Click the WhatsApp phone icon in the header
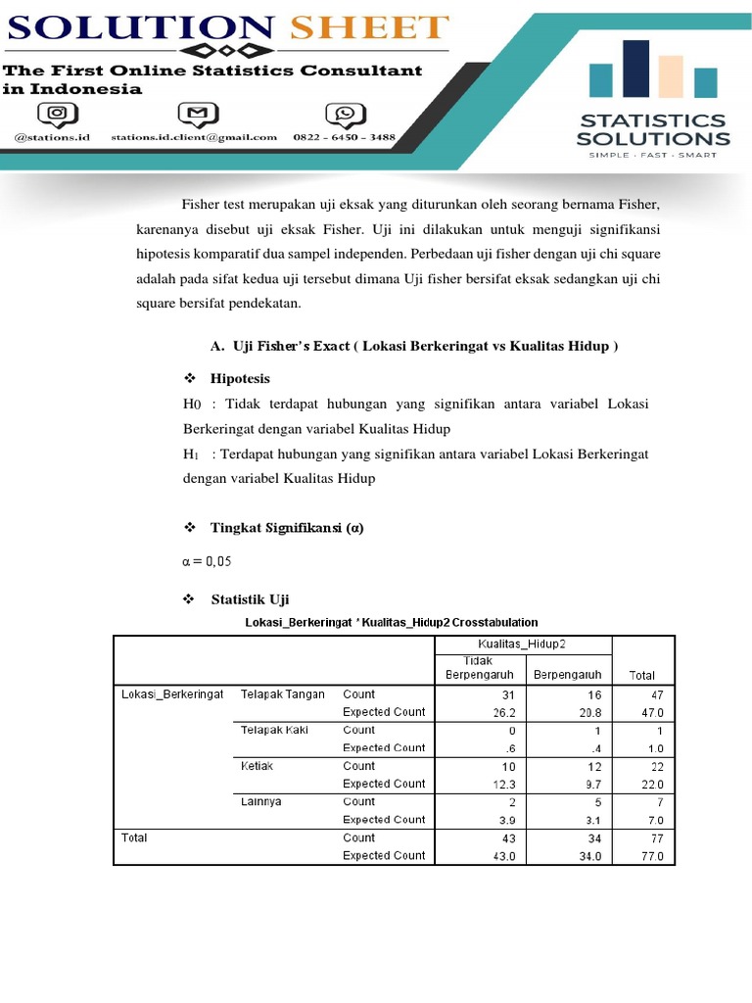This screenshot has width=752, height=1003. pos(345,115)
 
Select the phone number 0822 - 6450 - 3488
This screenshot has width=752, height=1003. pos(345,138)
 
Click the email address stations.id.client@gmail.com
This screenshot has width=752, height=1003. pos(194,138)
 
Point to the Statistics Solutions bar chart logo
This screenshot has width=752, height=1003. pos(651,71)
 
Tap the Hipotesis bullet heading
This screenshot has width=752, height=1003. pos(240,378)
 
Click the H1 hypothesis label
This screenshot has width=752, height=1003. pos(191,454)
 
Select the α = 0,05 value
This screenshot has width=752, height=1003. pos(208,561)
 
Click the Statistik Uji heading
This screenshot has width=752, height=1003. pos(250,599)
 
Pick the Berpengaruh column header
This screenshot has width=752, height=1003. pos(568,675)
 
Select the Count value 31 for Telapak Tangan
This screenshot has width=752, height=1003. pos(506,694)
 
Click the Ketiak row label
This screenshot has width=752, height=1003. pos(256,766)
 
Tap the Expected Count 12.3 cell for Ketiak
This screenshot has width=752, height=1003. pos(504,784)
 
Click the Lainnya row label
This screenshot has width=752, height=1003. pos(260,801)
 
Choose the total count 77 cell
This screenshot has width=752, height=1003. pos(656,837)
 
